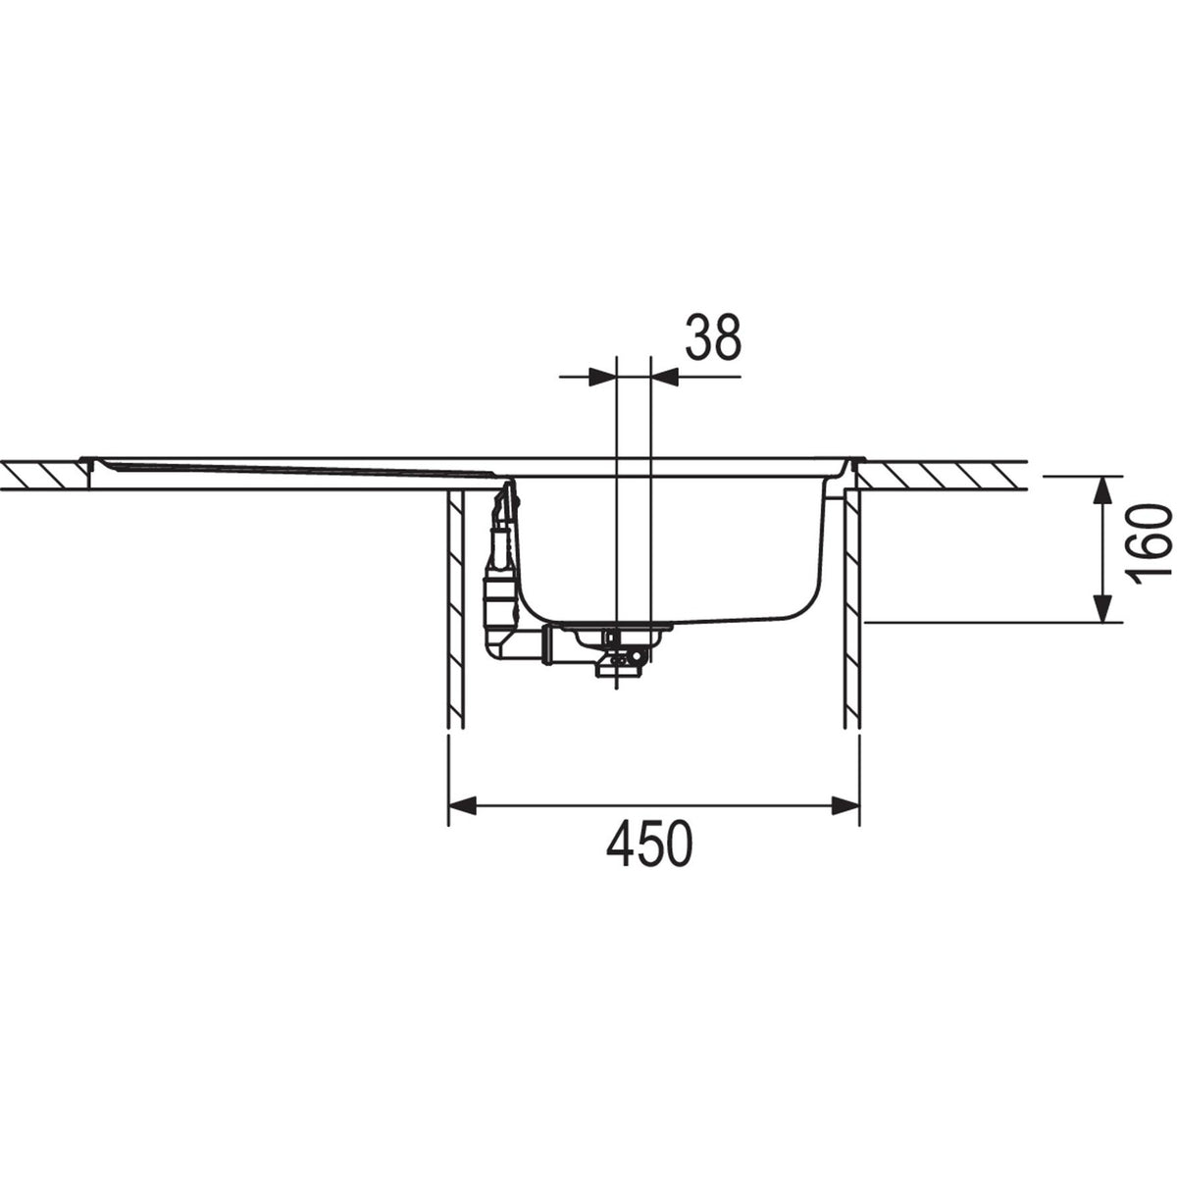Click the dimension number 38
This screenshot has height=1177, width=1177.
712,337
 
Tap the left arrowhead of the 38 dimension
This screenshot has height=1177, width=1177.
603,377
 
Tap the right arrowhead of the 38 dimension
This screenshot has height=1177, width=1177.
665,377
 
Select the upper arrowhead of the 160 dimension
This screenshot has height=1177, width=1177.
1101,490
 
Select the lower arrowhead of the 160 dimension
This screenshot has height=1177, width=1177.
1101,608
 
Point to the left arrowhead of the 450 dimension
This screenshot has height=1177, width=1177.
462,805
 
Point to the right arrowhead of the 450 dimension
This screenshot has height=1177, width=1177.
845,805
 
